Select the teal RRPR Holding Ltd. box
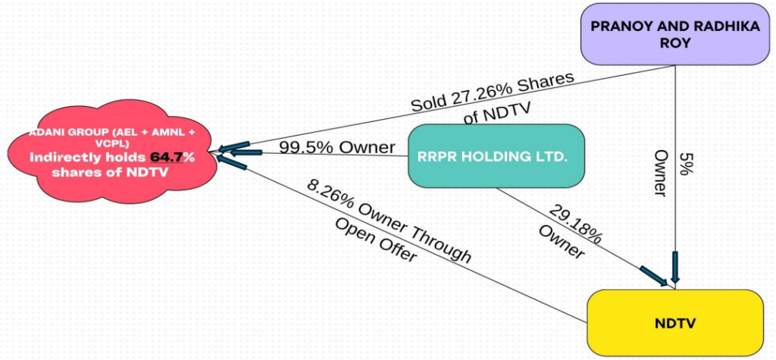pos(496,156)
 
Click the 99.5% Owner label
pos(336,147)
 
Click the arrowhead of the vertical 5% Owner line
pos(674,273)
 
